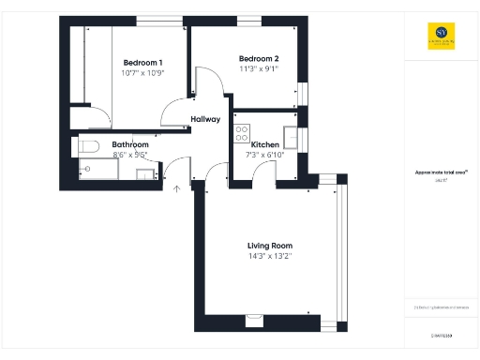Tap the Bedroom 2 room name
point(258,58)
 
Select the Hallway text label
point(205,119)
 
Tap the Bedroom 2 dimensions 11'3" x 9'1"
point(258,68)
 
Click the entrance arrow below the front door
point(177,188)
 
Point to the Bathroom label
point(130,144)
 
